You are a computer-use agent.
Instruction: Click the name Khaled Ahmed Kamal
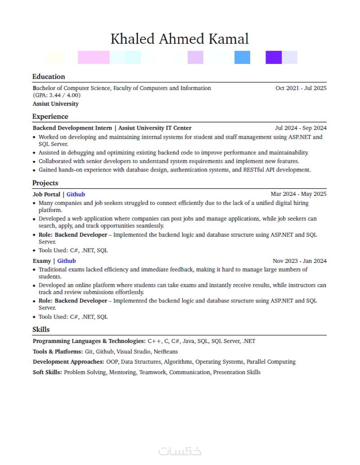point(180,39)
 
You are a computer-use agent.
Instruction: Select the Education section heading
point(49,77)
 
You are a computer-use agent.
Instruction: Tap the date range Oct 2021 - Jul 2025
point(301,88)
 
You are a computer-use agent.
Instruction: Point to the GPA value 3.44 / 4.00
point(57,95)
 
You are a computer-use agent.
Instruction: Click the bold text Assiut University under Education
point(55,104)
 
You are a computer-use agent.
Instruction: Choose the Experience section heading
point(50,117)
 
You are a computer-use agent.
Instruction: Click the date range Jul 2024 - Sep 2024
point(301,128)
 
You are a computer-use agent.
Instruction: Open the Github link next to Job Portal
point(76,194)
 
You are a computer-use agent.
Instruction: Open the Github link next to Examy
point(66,261)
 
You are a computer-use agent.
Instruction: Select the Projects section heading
point(45,183)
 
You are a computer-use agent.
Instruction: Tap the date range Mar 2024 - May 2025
point(298,194)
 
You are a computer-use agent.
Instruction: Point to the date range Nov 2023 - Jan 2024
point(299,261)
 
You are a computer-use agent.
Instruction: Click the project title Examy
point(41,261)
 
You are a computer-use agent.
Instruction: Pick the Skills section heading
point(41,330)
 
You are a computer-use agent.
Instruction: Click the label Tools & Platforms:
point(58,352)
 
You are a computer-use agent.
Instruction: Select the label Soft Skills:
point(47,372)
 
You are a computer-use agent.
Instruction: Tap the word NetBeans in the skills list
point(166,352)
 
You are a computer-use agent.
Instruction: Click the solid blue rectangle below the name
point(242,58)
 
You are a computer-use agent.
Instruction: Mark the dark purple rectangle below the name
point(274,58)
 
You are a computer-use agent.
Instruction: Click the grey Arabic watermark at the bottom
point(180,451)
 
